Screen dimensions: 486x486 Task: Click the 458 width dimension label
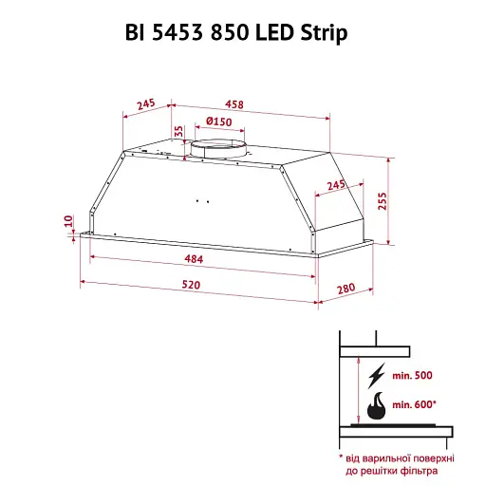point(234,104)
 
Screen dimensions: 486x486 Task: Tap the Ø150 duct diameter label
point(219,121)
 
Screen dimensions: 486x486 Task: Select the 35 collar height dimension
point(178,131)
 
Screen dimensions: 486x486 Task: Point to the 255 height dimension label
point(383,201)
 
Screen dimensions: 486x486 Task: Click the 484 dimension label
point(194,259)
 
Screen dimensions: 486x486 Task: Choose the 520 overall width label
point(191,285)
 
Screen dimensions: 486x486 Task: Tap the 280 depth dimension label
point(346,289)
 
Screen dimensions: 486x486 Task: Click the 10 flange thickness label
point(68,221)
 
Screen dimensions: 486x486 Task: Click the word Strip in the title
point(324,33)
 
